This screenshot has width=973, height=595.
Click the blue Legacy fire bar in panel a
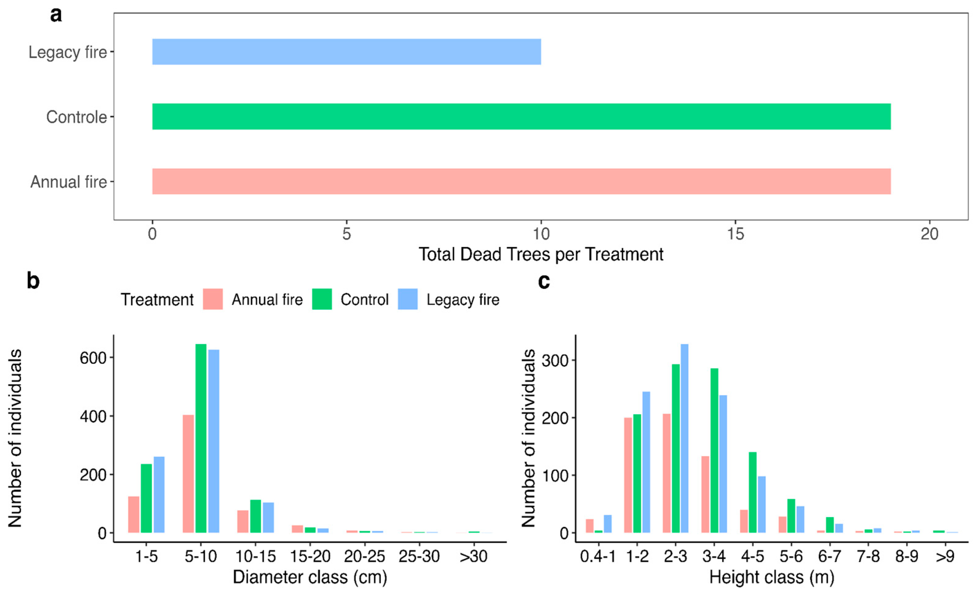pos(346,52)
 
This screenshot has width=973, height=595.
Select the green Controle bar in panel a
pos(521,117)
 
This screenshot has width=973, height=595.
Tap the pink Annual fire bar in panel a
pos(521,182)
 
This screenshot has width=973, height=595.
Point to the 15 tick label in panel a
pos(735,234)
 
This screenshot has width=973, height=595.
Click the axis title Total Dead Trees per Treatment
pos(541,255)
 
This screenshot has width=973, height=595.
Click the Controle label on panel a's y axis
pos(77,117)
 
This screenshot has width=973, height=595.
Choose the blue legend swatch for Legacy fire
pos(407,299)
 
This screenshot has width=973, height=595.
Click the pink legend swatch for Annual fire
pos(212,299)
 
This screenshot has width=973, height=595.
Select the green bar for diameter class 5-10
pos(201,438)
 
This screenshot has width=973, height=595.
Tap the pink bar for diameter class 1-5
pos(133,514)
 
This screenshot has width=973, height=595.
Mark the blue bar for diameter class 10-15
pos(268,518)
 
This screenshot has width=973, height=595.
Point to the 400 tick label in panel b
pos(93,417)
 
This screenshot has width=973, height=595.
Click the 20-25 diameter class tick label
pos(364,557)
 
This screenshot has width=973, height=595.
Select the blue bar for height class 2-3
pos(684,438)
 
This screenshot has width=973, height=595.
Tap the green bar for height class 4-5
pos(753,492)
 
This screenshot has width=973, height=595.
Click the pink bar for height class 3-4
pos(705,494)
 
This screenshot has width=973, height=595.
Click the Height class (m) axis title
pos(772,577)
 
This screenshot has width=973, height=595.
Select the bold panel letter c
pos(544,281)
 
